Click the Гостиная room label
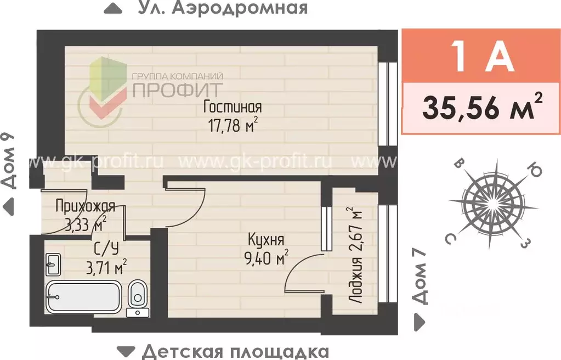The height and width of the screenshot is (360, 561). (x=232, y=106)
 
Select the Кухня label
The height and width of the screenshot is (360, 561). (x=265, y=240)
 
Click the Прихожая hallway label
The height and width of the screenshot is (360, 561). (x=86, y=206)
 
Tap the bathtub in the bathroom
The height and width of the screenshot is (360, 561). (x=83, y=297)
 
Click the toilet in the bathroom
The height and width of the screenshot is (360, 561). (x=137, y=296)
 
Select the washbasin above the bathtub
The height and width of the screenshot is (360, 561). (x=53, y=265)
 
